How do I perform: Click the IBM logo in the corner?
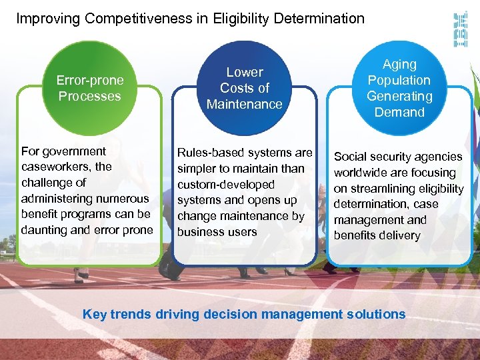point(460,29)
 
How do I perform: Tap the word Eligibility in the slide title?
point(239,19)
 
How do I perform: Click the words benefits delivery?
point(377,235)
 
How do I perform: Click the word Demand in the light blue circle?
point(399,112)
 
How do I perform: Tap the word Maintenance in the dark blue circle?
point(245,104)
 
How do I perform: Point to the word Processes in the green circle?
point(89,96)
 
